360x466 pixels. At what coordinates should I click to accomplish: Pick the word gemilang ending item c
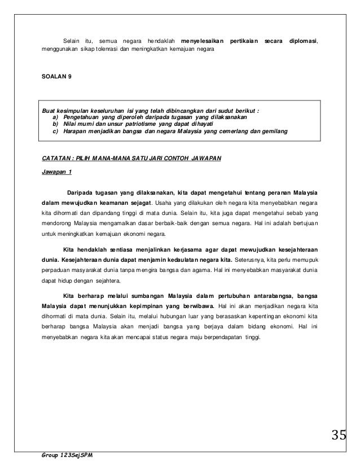(x=273, y=131)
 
